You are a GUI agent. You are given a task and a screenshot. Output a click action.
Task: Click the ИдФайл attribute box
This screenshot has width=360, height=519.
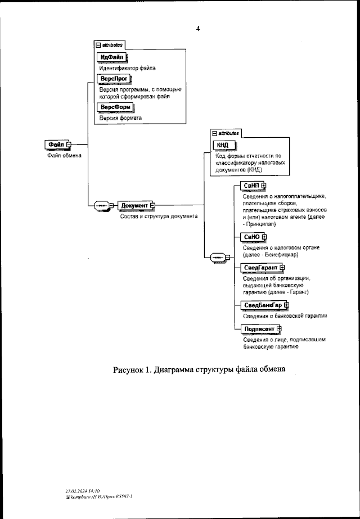click(x=111, y=57)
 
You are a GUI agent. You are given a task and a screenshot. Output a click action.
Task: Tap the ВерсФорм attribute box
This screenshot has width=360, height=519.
click(x=115, y=107)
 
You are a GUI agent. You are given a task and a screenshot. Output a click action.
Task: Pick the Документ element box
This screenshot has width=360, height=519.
click(x=134, y=205)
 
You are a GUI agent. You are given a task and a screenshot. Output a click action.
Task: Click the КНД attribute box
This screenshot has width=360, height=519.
click(x=223, y=145)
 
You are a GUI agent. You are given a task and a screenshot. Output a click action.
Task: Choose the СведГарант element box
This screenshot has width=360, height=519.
click(x=260, y=267)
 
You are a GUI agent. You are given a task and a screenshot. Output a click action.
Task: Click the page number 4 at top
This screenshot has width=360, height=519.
click(x=197, y=29)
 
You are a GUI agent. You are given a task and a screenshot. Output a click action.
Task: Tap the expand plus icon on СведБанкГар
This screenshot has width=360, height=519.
click(x=286, y=305)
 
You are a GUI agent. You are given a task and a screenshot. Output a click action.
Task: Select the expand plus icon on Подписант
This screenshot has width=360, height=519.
click(x=279, y=329)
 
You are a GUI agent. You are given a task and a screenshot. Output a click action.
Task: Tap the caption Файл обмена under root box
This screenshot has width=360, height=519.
click(x=64, y=156)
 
